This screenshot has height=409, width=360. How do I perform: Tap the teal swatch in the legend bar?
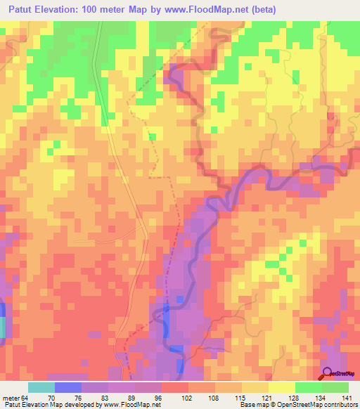[x=41, y=387]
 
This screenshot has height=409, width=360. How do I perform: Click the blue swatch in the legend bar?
[x=67, y=387]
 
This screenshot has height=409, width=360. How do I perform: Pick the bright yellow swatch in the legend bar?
[x=281, y=387]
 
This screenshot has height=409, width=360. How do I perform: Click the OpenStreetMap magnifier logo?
[x=328, y=375]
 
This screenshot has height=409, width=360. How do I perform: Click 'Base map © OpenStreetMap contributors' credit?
[x=296, y=405]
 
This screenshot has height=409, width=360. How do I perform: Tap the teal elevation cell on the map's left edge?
[x=2, y=327]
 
